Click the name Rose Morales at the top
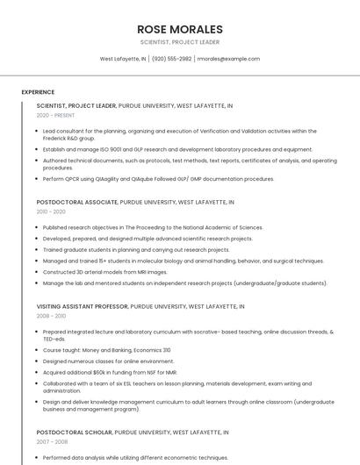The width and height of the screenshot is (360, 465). click(x=180, y=29)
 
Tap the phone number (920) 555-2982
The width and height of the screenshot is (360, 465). click(x=171, y=59)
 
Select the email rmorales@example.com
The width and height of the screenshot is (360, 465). click(x=228, y=59)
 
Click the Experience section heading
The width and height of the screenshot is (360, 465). click(x=38, y=92)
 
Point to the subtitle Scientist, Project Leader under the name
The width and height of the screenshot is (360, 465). click(x=180, y=42)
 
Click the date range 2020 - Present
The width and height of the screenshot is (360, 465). click(x=55, y=115)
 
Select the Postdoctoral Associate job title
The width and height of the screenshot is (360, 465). click(x=77, y=202)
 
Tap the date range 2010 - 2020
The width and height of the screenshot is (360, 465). click(x=51, y=211)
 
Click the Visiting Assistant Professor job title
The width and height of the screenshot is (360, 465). click(x=83, y=306)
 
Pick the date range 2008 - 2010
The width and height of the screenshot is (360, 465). click(x=51, y=316)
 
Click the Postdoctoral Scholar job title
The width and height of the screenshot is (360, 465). click(x=74, y=433)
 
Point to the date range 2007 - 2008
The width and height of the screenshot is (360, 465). click(x=51, y=442)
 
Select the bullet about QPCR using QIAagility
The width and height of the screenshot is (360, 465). click(x=158, y=179)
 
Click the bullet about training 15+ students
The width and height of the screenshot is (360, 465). click(x=183, y=261)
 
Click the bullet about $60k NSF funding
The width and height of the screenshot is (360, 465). click(x=116, y=372)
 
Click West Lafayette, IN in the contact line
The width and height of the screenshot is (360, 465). click(x=123, y=59)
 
